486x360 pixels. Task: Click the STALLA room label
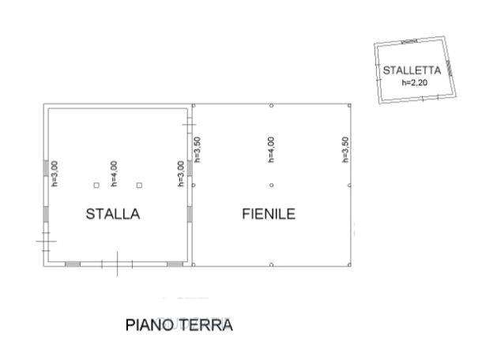coord(113,214)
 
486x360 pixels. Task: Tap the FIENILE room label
coord(269,214)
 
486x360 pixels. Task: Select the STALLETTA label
coord(412,70)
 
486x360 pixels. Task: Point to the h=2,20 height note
coord(415,82)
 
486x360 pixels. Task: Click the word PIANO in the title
coord(149,325)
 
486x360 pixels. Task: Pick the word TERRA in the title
coord(206,325)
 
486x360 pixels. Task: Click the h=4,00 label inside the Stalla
coord(114,174)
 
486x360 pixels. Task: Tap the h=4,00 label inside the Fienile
coord(270,149)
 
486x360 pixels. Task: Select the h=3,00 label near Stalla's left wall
coord(55,174)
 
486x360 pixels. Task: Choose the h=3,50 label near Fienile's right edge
coord(345,149)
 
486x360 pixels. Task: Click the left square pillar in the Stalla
coord(96,186)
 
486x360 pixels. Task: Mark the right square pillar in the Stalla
coord(139,186)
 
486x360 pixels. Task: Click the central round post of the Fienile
coord(272,186)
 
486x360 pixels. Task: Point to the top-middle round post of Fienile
coord(272,106)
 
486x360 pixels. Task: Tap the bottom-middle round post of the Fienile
coord(272,265)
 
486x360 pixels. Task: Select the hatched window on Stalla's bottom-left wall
coord(73,264)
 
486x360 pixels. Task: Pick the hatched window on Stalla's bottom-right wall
coord(175,264)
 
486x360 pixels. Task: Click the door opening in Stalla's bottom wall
coord(117,264)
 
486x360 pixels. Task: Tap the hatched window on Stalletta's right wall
coord(449,68)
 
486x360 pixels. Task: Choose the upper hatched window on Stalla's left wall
coord(46,168)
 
